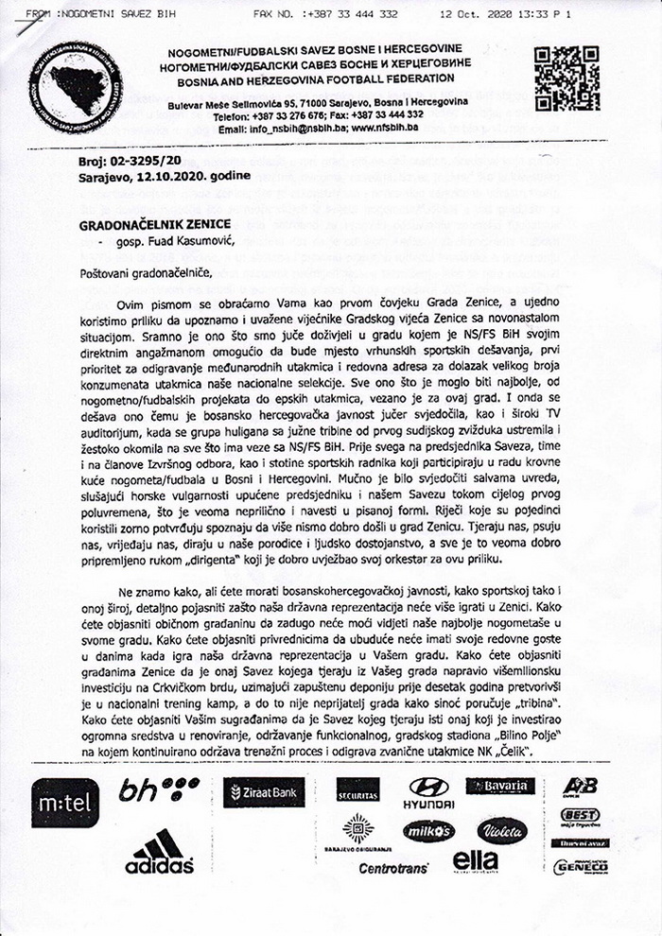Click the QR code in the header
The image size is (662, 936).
tap(566, 78)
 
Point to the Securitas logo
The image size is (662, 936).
tap(357, 789)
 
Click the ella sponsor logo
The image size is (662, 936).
tap(475, 861)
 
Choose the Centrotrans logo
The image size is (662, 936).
tap(392, 867)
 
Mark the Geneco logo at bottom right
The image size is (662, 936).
tap(580, 866)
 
